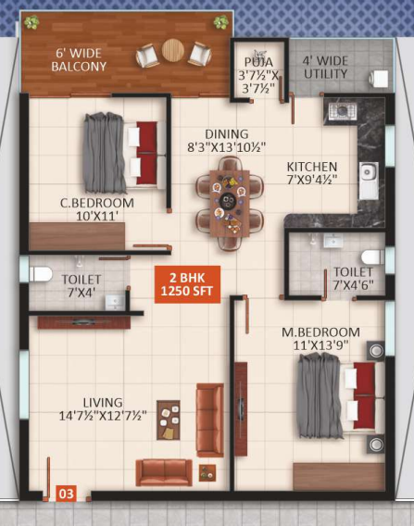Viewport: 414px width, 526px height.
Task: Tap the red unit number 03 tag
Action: (67, 494)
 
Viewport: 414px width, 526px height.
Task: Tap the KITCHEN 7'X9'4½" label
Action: (320, 172)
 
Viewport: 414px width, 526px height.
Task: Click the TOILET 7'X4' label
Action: (81, 285)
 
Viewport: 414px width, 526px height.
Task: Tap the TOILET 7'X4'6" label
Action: (353, 279)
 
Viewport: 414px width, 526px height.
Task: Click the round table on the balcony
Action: (173, 51)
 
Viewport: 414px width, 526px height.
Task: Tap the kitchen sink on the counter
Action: (368, 171)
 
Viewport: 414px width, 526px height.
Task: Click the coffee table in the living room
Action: (169, 420)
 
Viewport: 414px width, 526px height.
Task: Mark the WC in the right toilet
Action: (371, 257)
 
